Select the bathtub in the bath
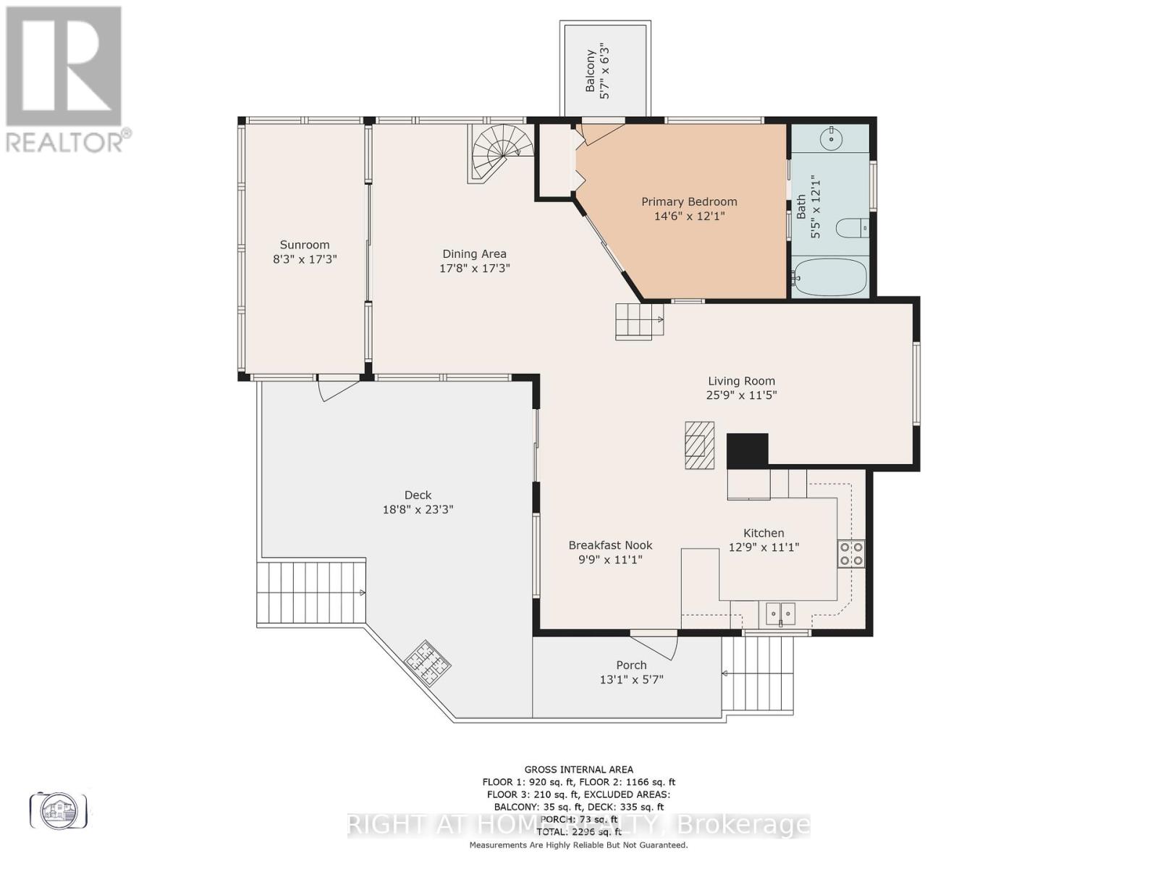pos(829,277)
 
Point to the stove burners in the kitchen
pos(850,553)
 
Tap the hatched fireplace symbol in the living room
pos(699,445)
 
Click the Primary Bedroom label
pos(689,202)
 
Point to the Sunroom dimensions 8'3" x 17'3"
pos(305,259)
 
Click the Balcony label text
pos(591,70)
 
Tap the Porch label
pos(631,665)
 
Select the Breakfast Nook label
pos(610,545)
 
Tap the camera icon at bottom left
pos(59,810)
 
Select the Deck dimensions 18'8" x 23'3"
pos(418,509)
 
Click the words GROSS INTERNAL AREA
pos(578,769)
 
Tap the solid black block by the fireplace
pos(747,450)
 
